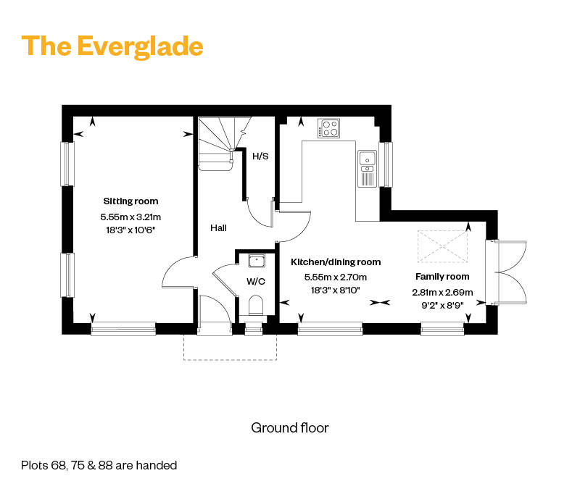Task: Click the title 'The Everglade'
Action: (x=112, y=46)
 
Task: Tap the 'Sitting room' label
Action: (x=130, y=201)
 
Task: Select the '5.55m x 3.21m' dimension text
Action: (x=130, y=217)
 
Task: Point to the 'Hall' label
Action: (x=218, y=228)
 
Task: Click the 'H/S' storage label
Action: (x=260, y=156)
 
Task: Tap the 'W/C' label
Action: (x=256, y=282)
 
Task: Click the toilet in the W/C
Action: (x=255, y=305)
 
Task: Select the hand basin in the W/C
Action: (x=257, y=261)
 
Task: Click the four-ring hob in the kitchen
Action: (x=329, y=128)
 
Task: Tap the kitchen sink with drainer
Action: (x=368, y=168)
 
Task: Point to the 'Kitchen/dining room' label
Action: (x=336, y=262)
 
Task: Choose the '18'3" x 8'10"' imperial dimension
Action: (x=336, y=291)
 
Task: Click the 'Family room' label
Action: (x=442, y=277)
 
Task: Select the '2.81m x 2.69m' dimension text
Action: (x=442, y=293)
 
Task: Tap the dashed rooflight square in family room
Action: (x=442, y=246)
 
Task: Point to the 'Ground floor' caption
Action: (x=289, y=427)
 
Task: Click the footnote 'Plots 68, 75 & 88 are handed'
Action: (x=99, y=465)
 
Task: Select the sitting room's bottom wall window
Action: (x=123, y=329)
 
